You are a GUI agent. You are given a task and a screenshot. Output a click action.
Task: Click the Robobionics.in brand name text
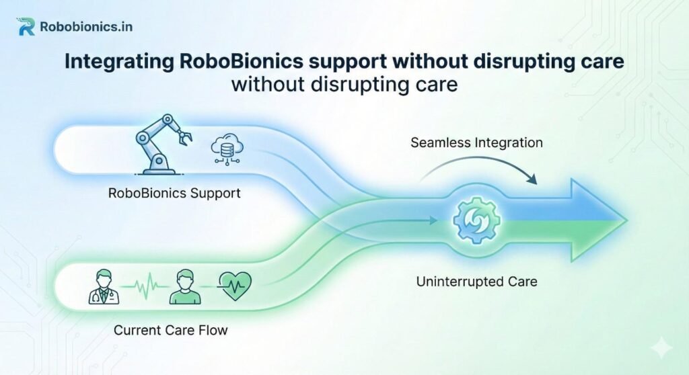click(85, 28)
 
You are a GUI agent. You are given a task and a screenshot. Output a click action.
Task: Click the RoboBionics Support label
click(174, 194)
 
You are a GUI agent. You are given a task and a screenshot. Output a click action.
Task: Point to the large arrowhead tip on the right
click(625, 220)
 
